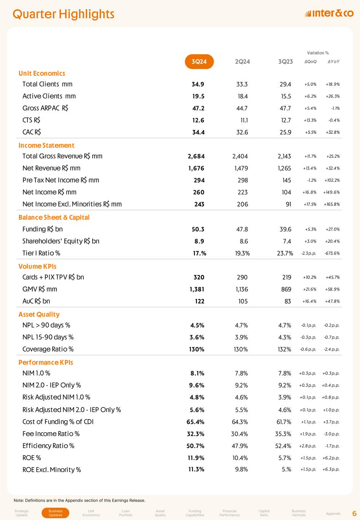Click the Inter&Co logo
click(x=329, y=14)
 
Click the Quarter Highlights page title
click(x=64, y=14)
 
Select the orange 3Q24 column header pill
click(x=199, y=62)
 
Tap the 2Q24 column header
click(x=242, y=62)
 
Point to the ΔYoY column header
click(x=334, y=62)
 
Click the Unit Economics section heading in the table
click(x=42, y=74)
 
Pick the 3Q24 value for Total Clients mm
click(x=198, y=84)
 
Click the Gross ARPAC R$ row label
click(x=45, y=108)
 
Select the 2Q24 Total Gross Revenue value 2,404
click(x=240, y=156)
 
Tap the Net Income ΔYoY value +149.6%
click(x=331, y=192)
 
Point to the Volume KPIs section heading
click(x=37, y=267)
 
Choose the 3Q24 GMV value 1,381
click(x=197, y=289)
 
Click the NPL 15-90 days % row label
click(x=48, y=337)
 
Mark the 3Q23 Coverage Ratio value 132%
click(x=285, y=349)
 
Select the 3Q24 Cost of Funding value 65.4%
click(x=195, y=422)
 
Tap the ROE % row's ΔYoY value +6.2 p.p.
click(x=331, y=458)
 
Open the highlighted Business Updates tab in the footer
click(x=56, y=513)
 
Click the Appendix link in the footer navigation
click(x=333, y=514)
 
